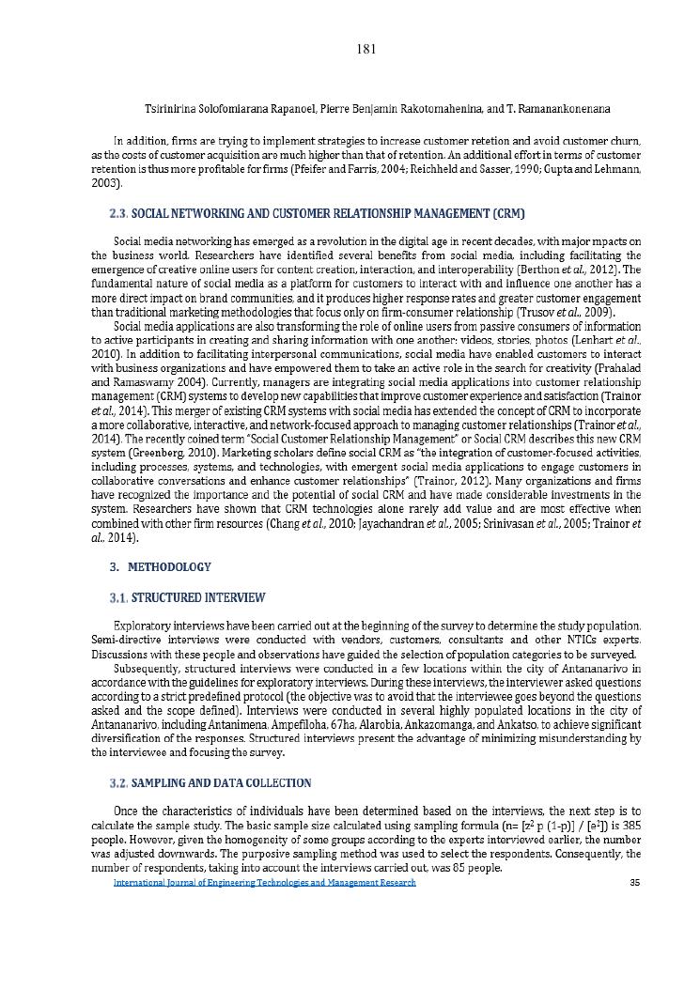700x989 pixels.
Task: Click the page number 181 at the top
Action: [367, 49]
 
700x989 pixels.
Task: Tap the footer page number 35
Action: [634, 883]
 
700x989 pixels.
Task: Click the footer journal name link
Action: [264, 883]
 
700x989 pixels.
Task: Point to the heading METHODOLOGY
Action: [170, 567]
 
